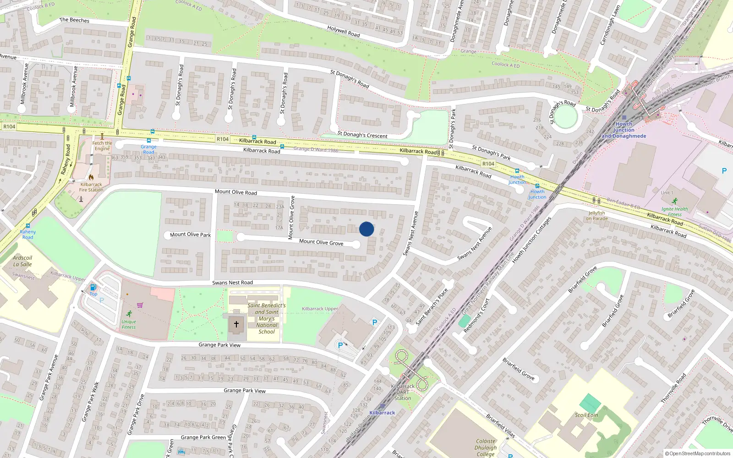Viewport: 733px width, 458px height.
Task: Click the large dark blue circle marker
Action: [x=366, y=229]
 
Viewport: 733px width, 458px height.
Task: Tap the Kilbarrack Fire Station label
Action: [x=91, y=187]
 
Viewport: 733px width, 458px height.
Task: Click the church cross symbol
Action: [x=236, y=324]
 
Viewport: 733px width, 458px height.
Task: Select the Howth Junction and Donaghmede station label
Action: [x=624, y=130]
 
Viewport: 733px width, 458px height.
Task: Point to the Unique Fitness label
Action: [x=129, y=324]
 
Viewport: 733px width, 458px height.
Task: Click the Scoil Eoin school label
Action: [x=586, y=415]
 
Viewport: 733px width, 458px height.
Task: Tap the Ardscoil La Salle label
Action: [x=22, y=261]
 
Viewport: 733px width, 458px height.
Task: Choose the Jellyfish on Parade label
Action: [x=597, y=216]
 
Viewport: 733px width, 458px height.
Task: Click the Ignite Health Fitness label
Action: [x=674, y=212]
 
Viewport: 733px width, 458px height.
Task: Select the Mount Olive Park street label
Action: [x=190, y=234]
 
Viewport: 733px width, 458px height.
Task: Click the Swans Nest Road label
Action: [x=232, y=283]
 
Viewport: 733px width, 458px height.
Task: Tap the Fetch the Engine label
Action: [x=102, y=146]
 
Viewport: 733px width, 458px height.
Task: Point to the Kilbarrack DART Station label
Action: [x=403, y=392]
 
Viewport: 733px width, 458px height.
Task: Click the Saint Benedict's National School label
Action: [x=267, y=318]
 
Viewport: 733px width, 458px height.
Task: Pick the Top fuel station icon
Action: [x=93, y=288]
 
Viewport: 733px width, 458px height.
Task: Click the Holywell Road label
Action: [x=344, y=32]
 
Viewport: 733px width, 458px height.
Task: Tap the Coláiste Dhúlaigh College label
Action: [x=486, y=447]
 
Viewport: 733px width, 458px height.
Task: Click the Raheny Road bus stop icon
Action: [x=28, y=226]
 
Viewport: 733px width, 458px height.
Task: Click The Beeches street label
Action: [x=74, y=20]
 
